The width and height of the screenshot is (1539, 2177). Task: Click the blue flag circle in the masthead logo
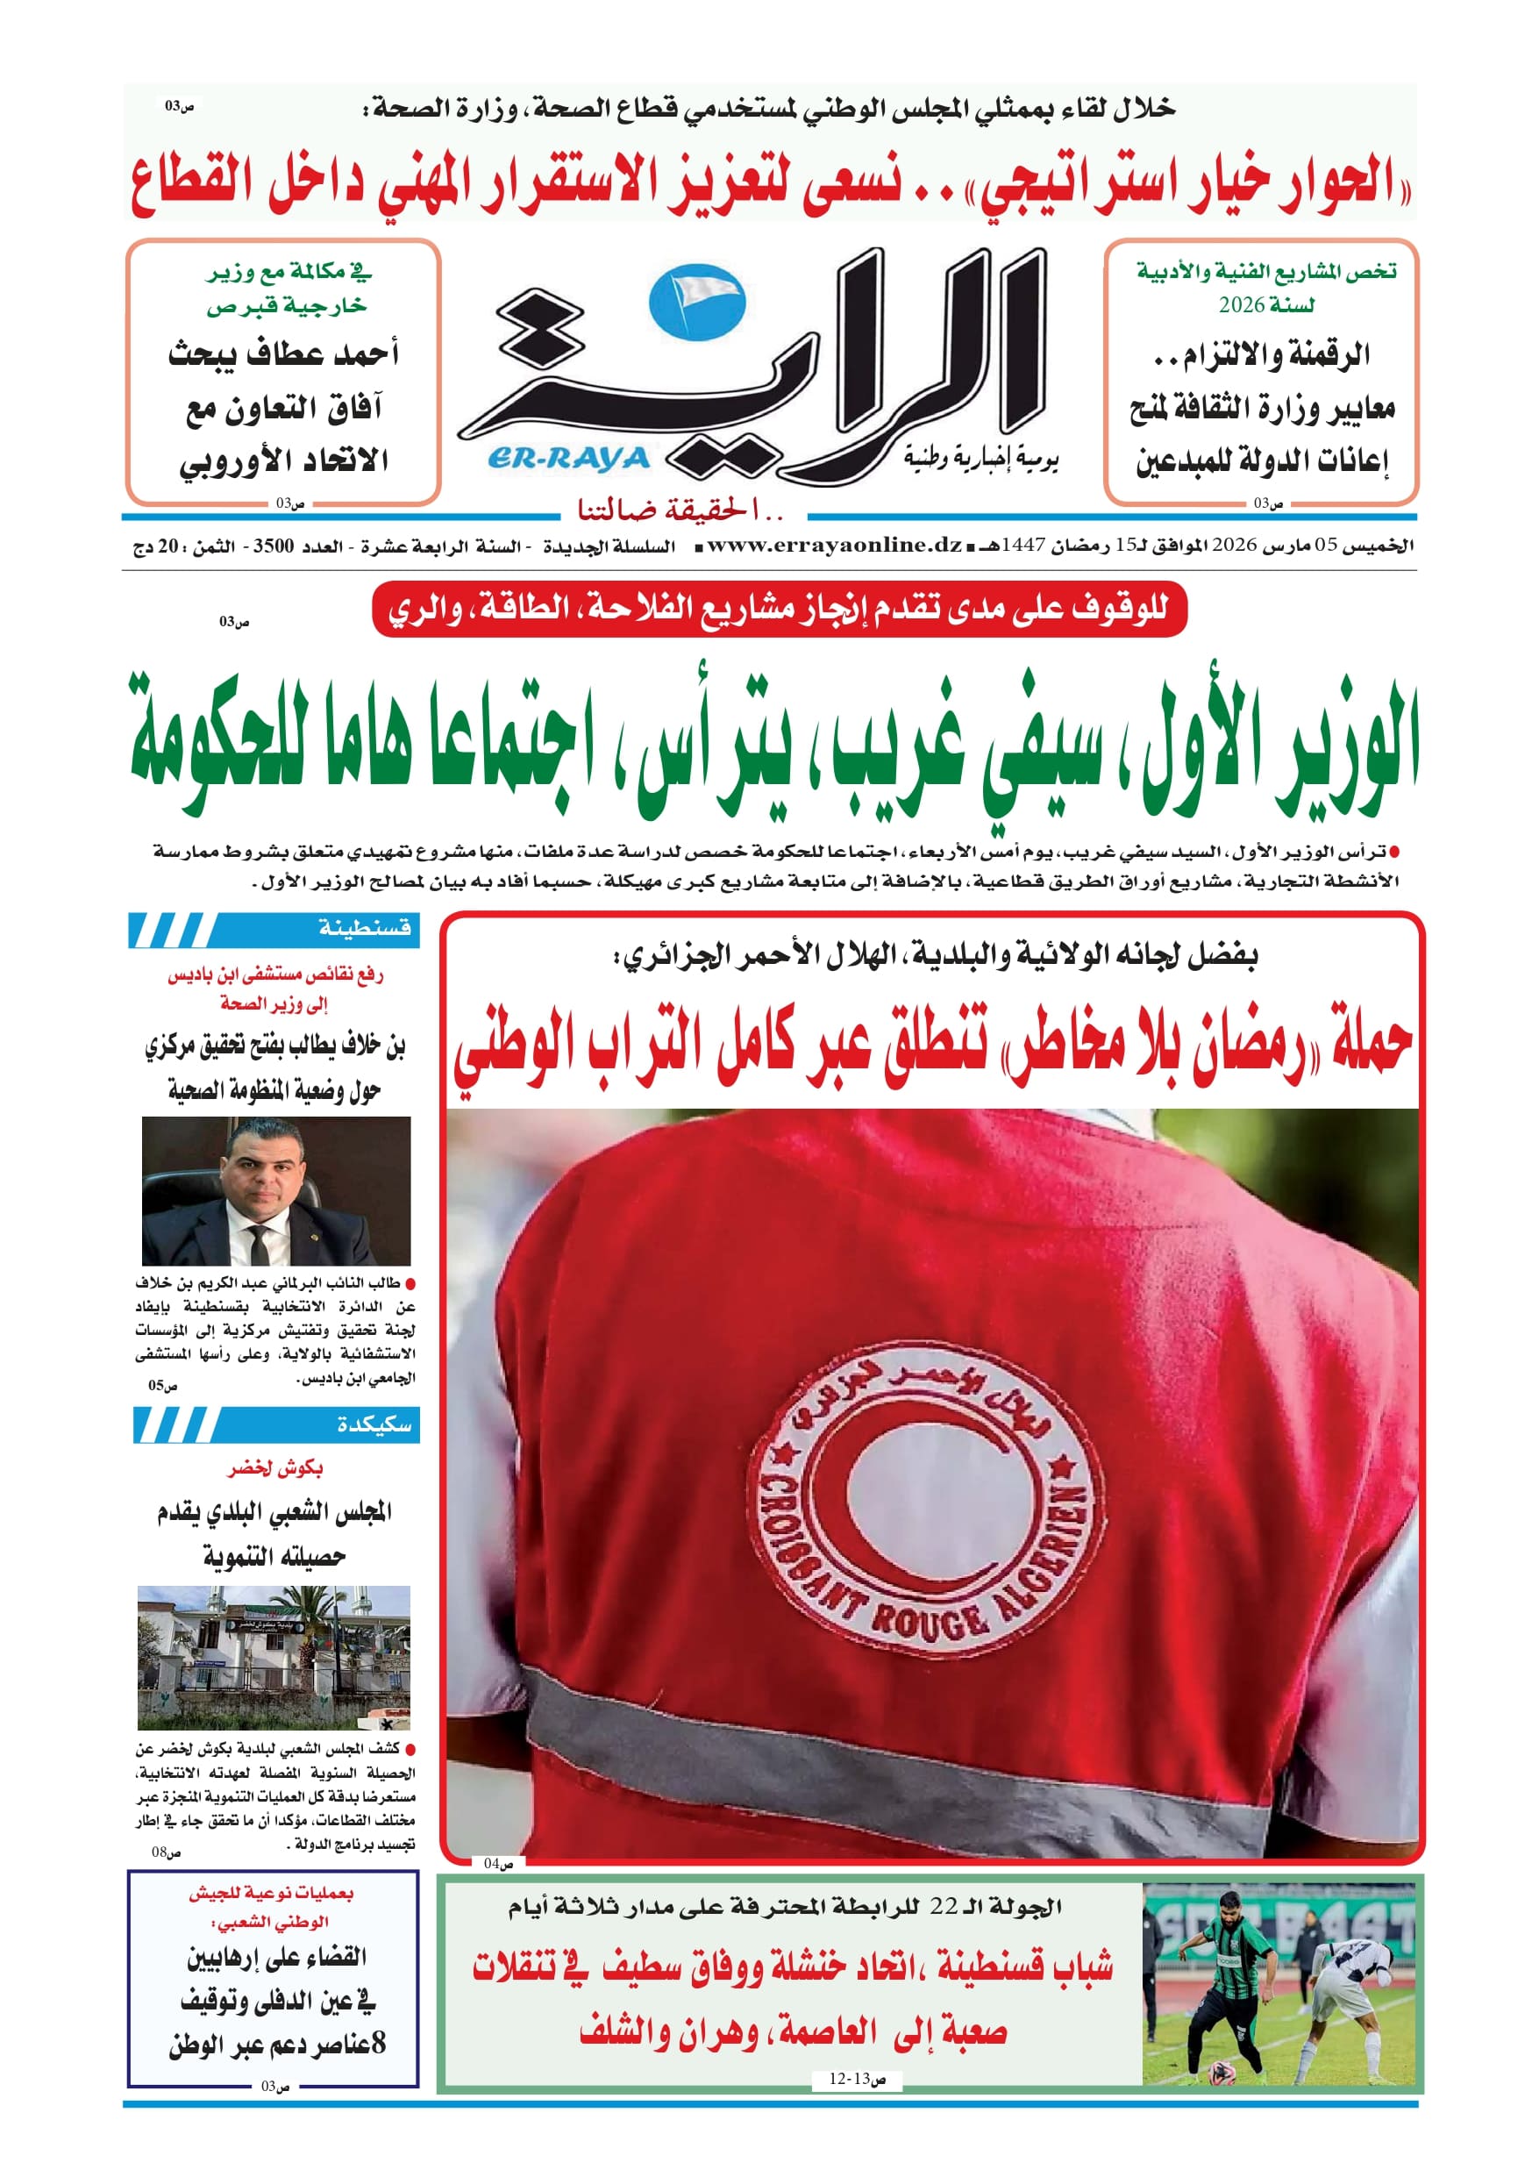697,302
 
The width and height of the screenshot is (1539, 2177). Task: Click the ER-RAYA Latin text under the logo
568,459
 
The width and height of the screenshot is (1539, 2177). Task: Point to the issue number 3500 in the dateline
273,547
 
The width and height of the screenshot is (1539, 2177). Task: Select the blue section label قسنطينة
365,928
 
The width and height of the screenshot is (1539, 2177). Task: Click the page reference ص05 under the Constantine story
162,1386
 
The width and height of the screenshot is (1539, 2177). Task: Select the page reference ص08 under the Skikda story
166,1852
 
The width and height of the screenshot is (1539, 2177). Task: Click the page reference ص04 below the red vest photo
498,1863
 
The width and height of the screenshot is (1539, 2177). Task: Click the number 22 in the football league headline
944,1906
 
